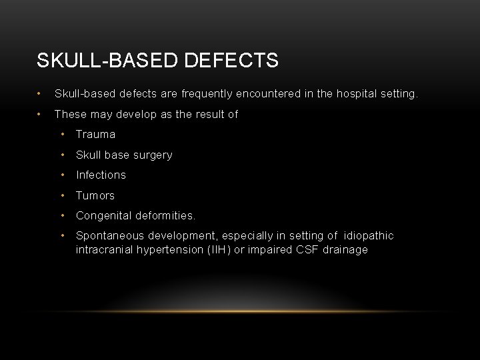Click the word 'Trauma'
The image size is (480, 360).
pyautogui.click(x=95, y=135)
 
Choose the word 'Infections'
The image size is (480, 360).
pyautogui.click(x=101, y=175)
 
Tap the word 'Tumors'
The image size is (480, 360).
pyautogui.click(x=95, y=195)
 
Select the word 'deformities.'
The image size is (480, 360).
pyautogui.click(x=165, y=216)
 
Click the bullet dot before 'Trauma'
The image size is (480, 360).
pyautogui.click(x=62, y=135)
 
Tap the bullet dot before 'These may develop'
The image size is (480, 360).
pyautogui.click(x=41, y=115)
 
